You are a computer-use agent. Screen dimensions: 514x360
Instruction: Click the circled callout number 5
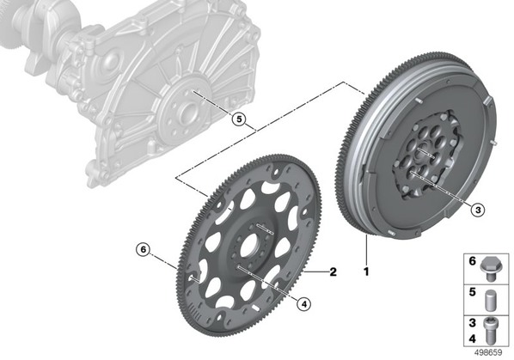239,119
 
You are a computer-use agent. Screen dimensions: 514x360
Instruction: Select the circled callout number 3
478,210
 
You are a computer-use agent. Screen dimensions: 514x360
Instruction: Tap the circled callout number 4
303,304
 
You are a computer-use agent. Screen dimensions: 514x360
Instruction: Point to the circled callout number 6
143,250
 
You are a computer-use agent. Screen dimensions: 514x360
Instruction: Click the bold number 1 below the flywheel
366,272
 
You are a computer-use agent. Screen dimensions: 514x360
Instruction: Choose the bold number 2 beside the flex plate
333,272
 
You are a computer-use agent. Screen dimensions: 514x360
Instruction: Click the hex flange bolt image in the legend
490,269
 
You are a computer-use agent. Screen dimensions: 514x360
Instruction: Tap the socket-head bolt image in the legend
490,331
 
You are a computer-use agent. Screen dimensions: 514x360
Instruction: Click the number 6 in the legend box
473,261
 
